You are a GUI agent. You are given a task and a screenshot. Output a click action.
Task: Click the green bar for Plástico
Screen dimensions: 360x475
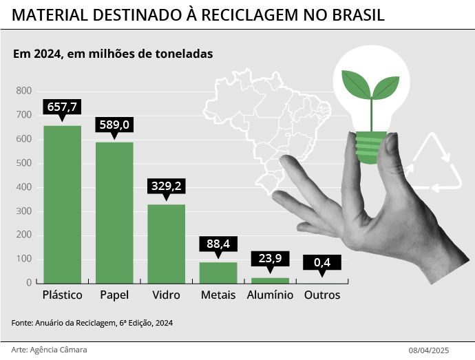[62, 204]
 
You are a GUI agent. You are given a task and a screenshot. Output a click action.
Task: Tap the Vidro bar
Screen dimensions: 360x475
[166, 243]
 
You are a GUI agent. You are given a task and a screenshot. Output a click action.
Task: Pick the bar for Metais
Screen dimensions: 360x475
[218, 273]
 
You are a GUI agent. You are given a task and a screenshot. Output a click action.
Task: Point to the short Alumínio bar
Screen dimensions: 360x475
[270, 280]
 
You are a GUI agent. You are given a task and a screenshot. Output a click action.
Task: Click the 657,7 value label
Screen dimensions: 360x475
[62, 107]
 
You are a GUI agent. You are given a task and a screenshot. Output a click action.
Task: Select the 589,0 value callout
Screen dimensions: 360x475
[114, 125]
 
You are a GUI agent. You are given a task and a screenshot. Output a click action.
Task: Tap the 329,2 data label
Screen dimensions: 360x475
[166, 187]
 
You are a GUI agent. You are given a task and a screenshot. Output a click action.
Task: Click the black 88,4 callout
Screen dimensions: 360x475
[218, 244]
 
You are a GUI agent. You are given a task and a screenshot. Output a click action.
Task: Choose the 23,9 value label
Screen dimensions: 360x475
[270, 259]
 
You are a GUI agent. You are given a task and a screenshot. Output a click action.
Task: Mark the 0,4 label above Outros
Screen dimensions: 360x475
[322, 262]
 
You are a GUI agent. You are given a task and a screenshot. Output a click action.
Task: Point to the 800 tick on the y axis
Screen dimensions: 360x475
[23, 91]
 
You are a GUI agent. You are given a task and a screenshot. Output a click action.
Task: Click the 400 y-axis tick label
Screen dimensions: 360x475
[23, 187]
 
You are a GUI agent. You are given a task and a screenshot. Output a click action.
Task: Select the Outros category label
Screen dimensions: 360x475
[322, 295]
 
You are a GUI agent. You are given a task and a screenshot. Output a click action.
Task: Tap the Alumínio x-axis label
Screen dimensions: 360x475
[270, 295]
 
